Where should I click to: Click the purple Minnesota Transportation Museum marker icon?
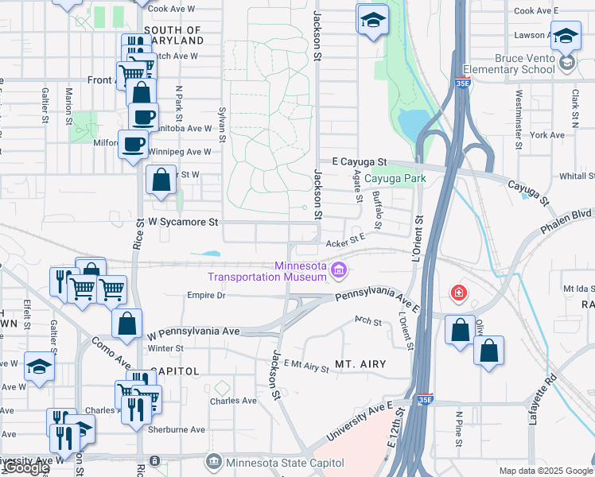coord(340,271)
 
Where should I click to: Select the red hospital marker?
coord(458,293)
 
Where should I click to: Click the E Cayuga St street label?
coord(359,161)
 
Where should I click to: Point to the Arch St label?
coord(369,321)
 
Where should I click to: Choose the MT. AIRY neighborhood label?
coord(360,364)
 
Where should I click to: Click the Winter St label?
coord(165,348)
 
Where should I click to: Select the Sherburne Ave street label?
coord(176,429)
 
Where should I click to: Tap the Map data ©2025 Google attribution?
coord(546,471)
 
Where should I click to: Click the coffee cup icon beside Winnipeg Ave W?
coord(133,145)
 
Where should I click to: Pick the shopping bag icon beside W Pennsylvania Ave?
coord(127,324)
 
